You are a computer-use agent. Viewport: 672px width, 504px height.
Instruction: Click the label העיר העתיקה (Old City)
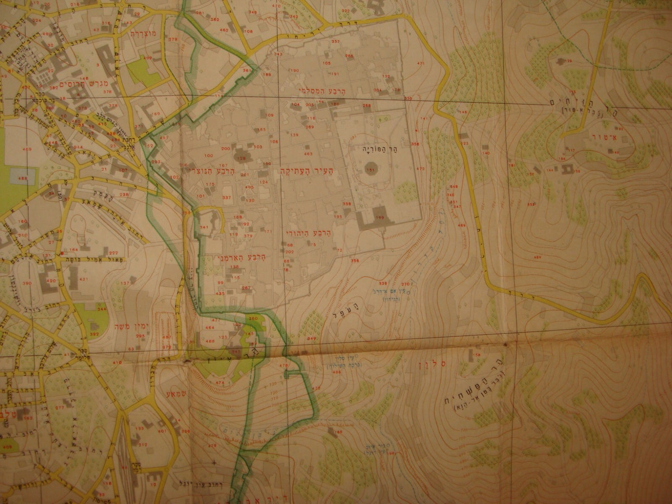(x=302, y=171)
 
